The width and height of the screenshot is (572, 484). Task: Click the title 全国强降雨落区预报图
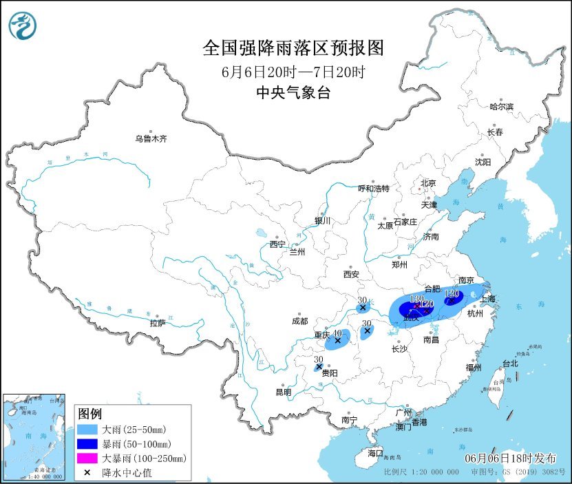292,48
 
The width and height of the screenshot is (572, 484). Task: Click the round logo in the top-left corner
23,25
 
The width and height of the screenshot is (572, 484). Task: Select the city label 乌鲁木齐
151,138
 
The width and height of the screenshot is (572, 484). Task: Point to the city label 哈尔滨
501,107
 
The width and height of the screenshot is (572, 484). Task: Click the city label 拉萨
157,322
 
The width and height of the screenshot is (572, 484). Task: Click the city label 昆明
283,392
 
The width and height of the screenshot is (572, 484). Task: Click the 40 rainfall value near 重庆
337,333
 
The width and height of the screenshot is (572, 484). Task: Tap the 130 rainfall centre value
416,299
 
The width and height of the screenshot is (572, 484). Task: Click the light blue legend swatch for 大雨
87,430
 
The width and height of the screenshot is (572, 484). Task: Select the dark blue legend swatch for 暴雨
87,444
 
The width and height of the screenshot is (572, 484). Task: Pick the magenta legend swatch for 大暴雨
87,458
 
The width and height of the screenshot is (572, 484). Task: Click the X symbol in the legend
87,472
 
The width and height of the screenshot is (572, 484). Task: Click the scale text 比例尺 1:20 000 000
421,473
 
